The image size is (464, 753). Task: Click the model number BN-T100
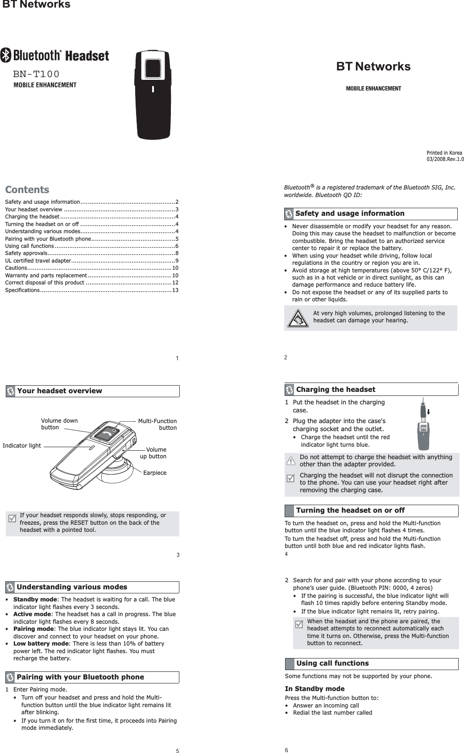[36, 74]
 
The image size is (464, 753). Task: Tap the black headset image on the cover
[153, 94]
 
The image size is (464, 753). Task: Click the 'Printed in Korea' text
[444, 153]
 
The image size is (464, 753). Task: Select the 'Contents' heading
[27, 189]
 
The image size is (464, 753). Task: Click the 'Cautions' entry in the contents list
[16, 268]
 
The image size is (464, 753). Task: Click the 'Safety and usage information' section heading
[350, 214]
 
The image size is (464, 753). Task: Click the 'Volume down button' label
[59, 424]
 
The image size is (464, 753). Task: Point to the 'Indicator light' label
[21, 446]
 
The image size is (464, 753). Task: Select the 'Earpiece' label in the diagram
[155, 473]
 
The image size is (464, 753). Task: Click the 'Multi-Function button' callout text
[157, 424]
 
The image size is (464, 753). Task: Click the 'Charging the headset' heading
[336, 390]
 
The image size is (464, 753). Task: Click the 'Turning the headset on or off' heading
[350, 510]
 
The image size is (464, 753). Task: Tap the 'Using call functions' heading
[332, 663]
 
